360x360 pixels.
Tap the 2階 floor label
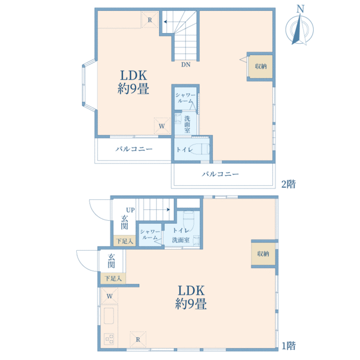pos(289,184)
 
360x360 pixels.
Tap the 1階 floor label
pos(289,346)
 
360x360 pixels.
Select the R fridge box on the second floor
pos(149,20)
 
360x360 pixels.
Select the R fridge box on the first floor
pos(138,340)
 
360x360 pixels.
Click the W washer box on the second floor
pos(162,126)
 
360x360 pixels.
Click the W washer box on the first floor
pos(110,296)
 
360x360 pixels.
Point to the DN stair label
pos(186,65)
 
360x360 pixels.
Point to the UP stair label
pos(130,210)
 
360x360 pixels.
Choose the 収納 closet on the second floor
pos(261,67)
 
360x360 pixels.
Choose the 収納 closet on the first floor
pos(263,254)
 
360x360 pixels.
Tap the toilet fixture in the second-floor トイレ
pos(199,149)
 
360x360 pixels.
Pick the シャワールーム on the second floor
pos(185,98)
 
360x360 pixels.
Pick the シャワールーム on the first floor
pos(150,235)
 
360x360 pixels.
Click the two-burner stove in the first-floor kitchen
pos(109,339)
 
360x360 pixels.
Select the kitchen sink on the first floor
pos(109,316)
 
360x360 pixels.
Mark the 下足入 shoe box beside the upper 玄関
pos(124,241)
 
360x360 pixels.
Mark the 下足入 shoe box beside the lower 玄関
pos(113,278)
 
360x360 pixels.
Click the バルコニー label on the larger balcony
pos(220,174)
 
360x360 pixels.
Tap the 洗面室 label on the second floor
pos(187,125)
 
